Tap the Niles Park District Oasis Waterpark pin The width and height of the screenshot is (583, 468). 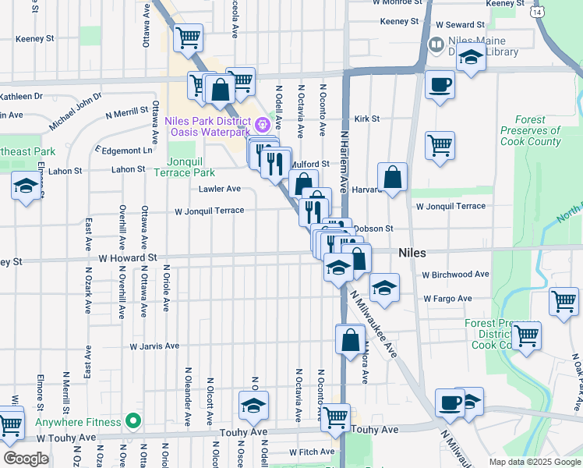263,122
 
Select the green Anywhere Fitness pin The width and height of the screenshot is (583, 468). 133,422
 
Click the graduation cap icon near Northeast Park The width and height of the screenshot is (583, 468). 26,186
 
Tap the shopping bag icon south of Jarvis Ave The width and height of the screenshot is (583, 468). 350,339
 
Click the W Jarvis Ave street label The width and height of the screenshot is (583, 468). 154,346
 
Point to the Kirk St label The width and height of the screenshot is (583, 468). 366,119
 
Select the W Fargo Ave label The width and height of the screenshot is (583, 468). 447,298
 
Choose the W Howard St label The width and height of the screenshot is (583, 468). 128,256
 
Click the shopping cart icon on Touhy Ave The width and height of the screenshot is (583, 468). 336,417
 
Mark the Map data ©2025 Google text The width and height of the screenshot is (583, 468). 535,461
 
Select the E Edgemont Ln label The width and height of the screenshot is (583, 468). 124,149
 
